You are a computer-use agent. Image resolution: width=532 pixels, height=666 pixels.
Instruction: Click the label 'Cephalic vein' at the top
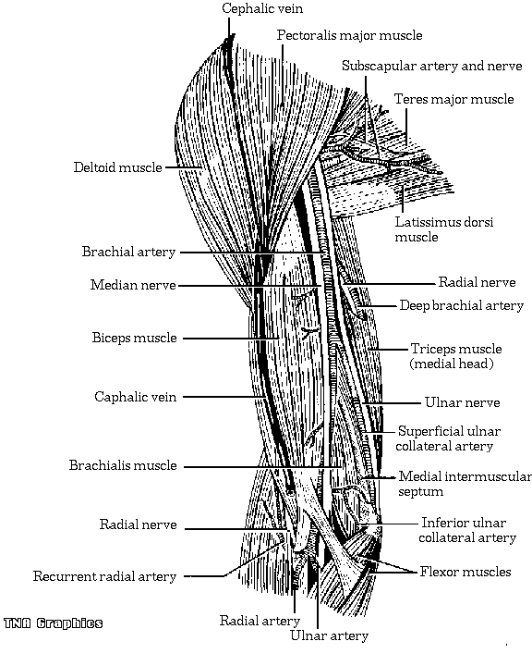coord(262,9)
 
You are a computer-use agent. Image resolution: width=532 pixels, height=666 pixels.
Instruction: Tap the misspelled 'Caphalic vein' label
coord(136,397)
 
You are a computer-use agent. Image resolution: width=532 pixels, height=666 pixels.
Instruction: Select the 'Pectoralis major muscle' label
coord(349,36)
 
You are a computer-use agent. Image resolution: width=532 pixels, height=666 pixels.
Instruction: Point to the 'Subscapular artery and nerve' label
coord(432,67)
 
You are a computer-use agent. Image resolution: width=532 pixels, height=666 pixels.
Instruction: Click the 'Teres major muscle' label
coord(453,99)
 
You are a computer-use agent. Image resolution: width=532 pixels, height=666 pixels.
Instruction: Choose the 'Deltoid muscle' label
coord(118,167)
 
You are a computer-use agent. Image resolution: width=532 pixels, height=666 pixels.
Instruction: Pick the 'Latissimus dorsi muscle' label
coord(444,229)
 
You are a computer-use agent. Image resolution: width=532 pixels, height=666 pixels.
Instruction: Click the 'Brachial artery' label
coord(128,252)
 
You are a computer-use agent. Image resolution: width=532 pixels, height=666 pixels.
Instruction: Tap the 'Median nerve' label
coord(133,285)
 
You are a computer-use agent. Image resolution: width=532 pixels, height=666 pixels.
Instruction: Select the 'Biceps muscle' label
coord(135,339)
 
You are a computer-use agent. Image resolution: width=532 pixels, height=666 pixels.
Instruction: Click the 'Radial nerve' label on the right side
coord(477,282)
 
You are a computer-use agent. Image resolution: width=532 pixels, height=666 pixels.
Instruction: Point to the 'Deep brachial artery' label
coord(462,306)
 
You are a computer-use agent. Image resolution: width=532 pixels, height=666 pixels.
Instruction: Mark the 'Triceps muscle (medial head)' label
coord(455,356)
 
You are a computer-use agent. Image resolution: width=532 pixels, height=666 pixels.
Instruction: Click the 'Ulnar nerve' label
coord(463,402)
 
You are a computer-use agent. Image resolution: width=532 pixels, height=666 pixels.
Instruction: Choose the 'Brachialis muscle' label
coord(123,465)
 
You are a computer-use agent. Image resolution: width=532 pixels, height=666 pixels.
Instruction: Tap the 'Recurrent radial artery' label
coord(104,577)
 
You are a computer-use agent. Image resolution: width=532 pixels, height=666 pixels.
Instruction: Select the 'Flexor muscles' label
coord(465,572)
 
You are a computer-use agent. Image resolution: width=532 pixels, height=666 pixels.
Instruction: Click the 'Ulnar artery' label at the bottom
coord(329,635)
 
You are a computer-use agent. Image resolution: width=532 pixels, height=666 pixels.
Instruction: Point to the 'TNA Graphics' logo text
coord(54,623)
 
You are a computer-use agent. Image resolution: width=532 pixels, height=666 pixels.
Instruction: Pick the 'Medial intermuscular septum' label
coord(465,484)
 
